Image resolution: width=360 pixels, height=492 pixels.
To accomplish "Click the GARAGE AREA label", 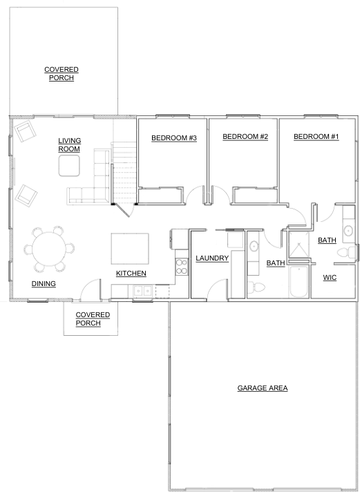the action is (263, 388).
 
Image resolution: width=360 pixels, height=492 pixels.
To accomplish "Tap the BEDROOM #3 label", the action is (174, 138).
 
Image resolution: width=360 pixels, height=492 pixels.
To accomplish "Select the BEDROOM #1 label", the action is (316, 137).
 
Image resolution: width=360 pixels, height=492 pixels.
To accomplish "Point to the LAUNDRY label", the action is (212, 258).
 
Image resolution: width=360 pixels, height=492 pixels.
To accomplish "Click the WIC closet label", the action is (330, 278).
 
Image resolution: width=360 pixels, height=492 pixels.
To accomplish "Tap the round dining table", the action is (49, 249).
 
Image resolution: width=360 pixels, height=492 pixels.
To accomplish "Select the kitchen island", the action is (130, 249).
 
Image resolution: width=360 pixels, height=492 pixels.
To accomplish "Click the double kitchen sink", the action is (143, 291).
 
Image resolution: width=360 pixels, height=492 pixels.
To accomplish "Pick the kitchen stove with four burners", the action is (182, 267).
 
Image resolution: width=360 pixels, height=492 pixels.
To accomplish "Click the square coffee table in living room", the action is (69, 166).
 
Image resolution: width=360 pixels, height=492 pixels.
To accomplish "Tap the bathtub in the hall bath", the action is (299, 281).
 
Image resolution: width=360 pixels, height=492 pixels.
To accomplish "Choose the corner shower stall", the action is (299, 245).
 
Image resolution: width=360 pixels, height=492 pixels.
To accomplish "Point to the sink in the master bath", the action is (348, 231).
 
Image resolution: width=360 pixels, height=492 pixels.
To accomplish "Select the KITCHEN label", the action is (131, 274).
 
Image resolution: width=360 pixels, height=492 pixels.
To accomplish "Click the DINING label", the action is (44, 284).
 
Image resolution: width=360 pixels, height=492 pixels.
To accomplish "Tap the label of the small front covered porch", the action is (93, 319).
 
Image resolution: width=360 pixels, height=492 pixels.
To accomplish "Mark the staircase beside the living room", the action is (124, 173).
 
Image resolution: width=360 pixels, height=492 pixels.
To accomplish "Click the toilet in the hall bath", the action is (256, 287).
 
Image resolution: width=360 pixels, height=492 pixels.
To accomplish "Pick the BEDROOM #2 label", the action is (245, 137).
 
